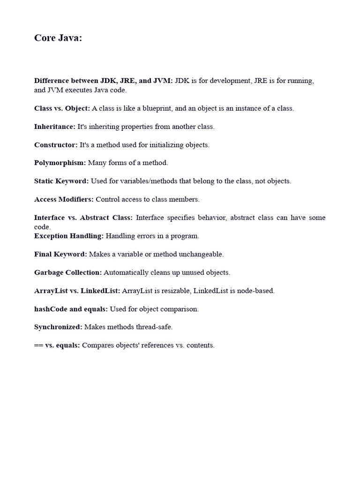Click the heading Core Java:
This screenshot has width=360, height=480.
coord(58,38)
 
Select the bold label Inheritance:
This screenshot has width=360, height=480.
coord(55,127)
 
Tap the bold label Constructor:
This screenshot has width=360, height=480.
coord(56,145)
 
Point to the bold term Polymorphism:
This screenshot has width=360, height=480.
coord(60,163)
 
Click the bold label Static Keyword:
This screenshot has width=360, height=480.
coord(61,181)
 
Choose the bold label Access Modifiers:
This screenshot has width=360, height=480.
coord(64,199)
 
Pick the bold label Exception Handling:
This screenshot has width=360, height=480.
coord(69,236)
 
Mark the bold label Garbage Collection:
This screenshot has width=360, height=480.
coord(68,272)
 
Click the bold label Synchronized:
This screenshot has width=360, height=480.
coord(58,327)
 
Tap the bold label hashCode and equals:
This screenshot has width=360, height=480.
coord(71,309)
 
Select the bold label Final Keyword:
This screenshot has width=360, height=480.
coord(60,254)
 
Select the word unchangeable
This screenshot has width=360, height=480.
coord(201,254)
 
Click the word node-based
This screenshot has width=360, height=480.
coord(256,291)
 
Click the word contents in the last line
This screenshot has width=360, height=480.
coord(200,345)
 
